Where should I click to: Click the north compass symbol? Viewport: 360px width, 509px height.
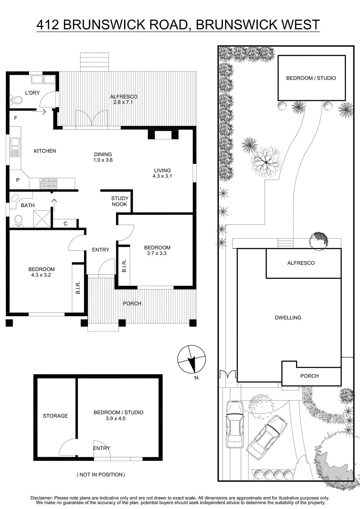(192, 359)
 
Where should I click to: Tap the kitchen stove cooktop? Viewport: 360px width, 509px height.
(48, 184)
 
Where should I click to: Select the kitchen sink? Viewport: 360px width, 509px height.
(15, 147)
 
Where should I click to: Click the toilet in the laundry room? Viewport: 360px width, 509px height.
(16, 100)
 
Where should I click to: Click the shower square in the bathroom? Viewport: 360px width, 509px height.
(42, 219)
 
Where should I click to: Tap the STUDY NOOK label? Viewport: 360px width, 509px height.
(120, 201)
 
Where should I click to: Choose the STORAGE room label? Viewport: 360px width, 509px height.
(55, 416)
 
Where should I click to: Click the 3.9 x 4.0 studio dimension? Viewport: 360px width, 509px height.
(116, 418)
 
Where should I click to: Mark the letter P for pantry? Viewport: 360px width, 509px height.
(18, 180)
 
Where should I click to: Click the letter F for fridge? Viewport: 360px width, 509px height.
(16, 118)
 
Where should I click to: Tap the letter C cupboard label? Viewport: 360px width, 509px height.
(66, 224)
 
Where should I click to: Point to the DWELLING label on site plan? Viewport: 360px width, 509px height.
(288, 318)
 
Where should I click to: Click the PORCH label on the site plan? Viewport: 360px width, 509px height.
(309, 376)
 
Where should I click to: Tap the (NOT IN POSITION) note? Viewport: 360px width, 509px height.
(101, 474)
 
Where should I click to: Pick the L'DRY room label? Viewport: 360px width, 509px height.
(32, 93)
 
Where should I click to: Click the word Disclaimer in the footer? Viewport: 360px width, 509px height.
(42, 498)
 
